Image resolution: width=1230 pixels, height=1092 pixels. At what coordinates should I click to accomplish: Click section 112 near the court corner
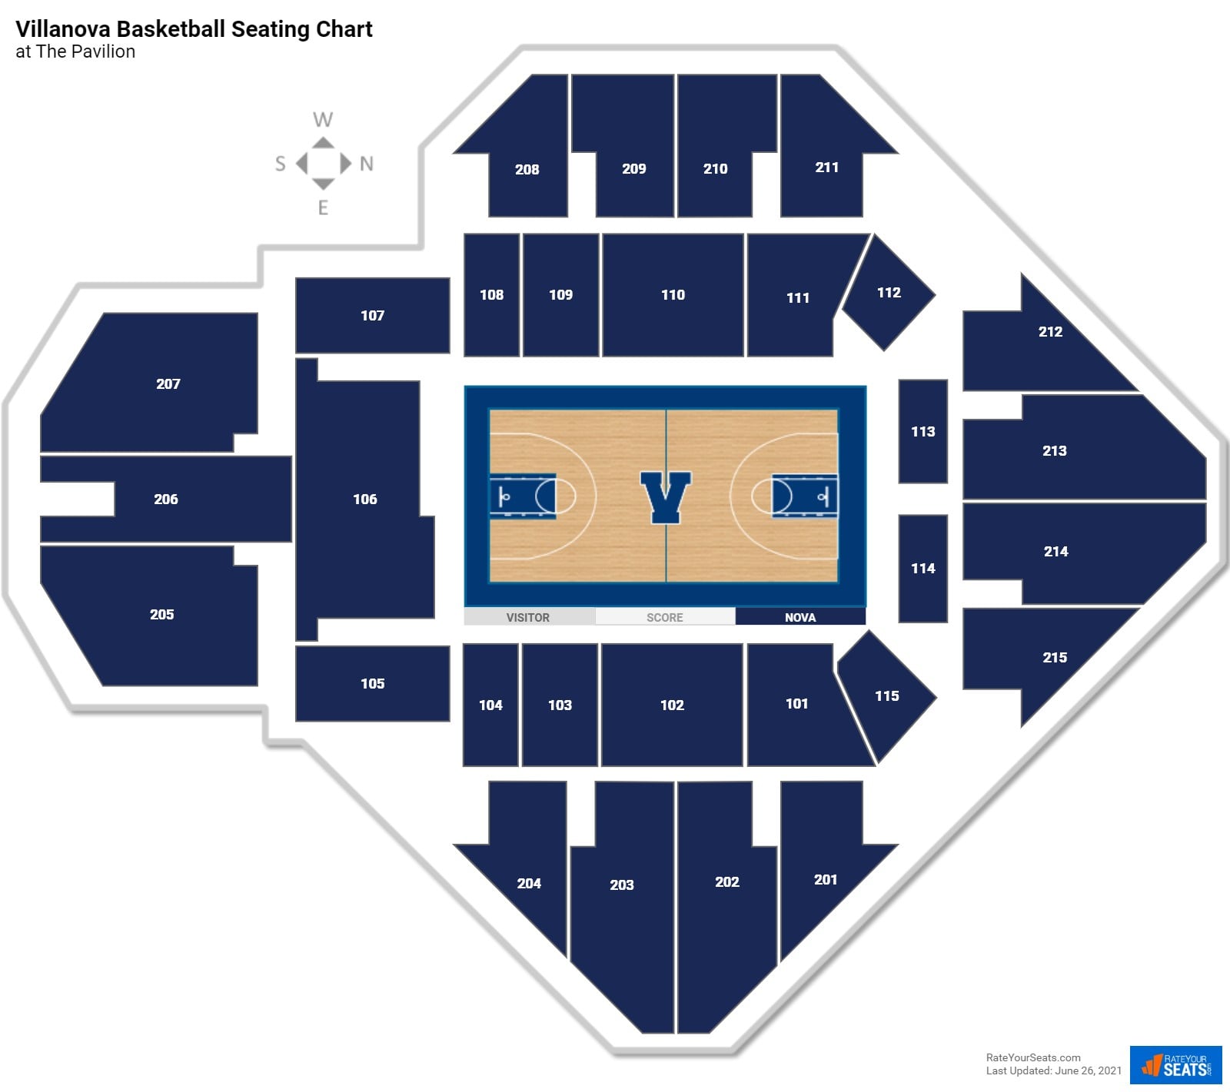coord(889,293)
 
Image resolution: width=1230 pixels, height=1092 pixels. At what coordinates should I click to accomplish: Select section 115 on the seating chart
coord(886,696)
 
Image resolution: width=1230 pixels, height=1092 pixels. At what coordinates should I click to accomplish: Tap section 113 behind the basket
coord(922,431)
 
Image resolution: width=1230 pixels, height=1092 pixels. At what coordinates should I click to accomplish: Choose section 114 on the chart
coord(922,569)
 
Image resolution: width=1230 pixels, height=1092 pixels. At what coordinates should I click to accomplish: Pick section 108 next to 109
coord(491,295)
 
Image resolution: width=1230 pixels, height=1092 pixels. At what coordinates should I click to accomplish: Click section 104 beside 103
coord(490,705)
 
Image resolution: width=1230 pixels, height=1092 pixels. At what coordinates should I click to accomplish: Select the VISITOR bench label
coord(528,617)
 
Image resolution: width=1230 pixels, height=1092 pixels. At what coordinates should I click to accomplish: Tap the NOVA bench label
coord(799,617)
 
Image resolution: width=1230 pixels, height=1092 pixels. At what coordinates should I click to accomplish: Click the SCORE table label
coord(664,617)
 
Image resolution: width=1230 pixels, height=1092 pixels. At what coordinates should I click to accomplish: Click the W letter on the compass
coord(323,120)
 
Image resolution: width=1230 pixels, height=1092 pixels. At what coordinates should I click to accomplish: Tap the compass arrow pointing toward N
coord(346,163)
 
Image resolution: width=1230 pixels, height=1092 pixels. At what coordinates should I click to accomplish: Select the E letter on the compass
coord(323,207)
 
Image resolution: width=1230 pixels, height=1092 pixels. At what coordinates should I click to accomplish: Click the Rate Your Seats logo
coord(1175,1064)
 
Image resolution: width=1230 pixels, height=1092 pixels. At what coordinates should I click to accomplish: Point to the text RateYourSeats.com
coord(1032,1057)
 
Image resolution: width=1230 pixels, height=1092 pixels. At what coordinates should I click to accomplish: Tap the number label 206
coord(166,500)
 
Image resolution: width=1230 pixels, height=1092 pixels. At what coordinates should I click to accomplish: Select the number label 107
coord(372,316)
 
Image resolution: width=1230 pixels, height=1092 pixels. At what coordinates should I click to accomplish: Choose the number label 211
coord(826,168)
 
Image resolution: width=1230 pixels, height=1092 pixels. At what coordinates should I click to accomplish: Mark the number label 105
coord(372,684)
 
